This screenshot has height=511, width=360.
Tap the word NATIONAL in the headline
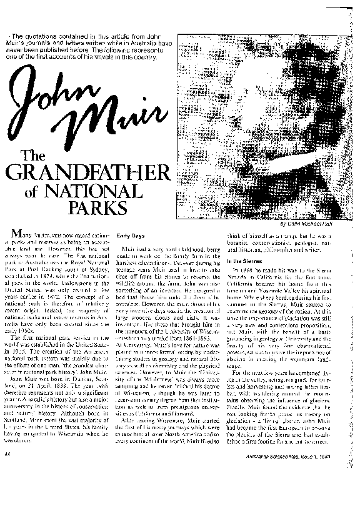point(116,192)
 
